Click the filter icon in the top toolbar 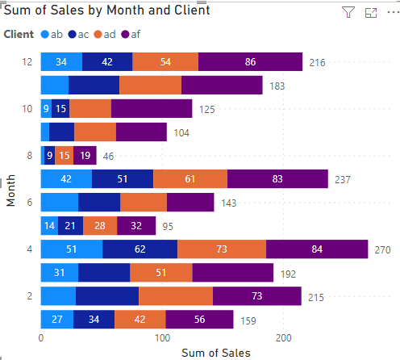[x=348, y=12]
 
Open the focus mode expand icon [x=371, y=13]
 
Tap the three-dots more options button [x=394, y=12]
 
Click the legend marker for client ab [x=45, y=35]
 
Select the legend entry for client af [x=131, y=35]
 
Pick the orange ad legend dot [x=98, y=35]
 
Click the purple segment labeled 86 [x=250, y=62]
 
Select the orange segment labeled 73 [x=222, y=249]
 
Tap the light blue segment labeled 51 [x=72, y=249]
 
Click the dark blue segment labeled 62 [x=140, y=249]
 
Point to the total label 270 [x=382, y=250]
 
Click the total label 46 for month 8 [x=108, y=157]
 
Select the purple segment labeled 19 [x=85, y=156]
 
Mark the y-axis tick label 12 [x=27, y=62]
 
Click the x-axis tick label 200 [x=284, y=338]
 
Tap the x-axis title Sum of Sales [x=216, y=353]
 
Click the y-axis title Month [x=10, y=190]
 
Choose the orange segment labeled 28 [x=100, y=226]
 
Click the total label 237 [x=343, y=180]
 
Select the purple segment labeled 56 [x=199, y=320]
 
